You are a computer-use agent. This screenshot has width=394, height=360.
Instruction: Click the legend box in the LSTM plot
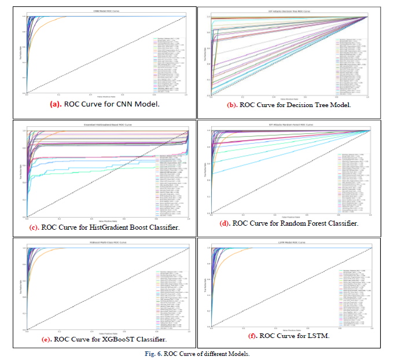351,289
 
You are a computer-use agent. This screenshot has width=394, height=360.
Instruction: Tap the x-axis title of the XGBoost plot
108,333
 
